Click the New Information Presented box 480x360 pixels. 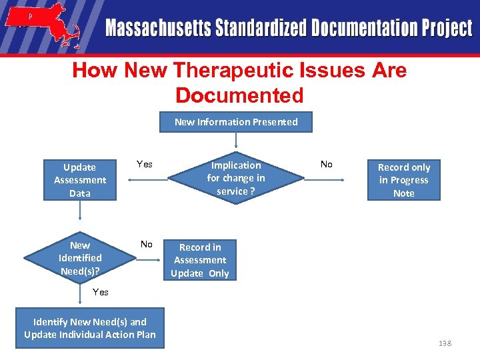point(236,122)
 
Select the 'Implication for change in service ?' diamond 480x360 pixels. point(235,178)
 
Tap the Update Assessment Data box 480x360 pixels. point(80,180)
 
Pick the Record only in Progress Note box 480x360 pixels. point(404,180)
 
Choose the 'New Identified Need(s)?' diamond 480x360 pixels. point(80,257)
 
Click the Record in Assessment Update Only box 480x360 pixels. point(200,260)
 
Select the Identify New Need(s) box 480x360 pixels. point(90,328)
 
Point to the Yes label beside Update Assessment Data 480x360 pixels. point(145,164)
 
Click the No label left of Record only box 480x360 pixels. point(327,164)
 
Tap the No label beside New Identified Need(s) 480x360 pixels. point(147,244)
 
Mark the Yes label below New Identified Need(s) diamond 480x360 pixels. point(101,292)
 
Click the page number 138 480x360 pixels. point(445,343)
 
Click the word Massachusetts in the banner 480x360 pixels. point(158,29)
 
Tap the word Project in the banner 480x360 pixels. point(446,29)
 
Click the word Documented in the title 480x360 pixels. point(239,95)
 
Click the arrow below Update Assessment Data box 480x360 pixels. point(80,210)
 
